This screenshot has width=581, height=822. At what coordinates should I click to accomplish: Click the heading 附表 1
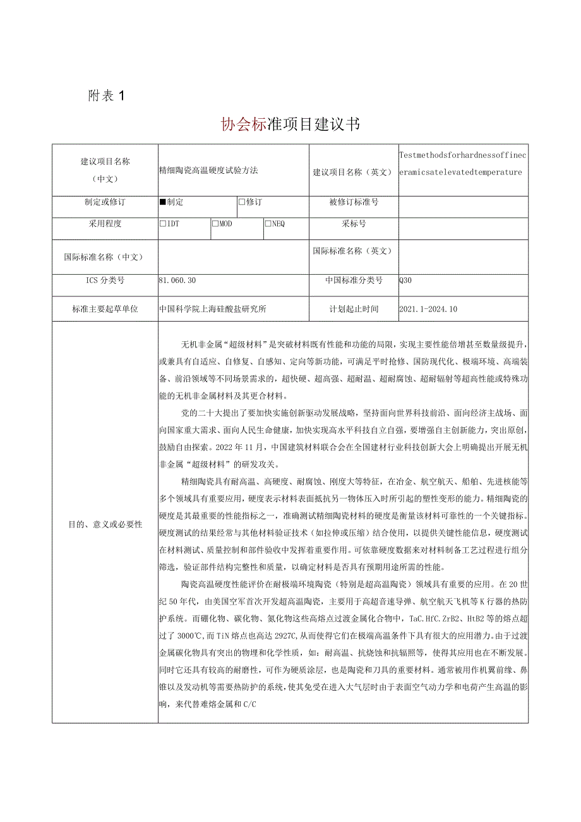[107, 96]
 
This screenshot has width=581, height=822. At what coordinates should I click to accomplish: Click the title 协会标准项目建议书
[290, 124]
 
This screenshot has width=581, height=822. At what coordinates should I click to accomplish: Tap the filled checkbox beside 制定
[163, 202]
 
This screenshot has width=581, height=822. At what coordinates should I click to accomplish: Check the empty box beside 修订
[242, 202]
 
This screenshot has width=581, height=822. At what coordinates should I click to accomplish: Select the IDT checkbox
[163, 224]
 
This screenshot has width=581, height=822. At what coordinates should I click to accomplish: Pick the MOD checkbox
[215, 224]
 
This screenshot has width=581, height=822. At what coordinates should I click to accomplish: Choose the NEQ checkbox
[268, 224]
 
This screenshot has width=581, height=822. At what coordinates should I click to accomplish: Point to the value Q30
[405, 281]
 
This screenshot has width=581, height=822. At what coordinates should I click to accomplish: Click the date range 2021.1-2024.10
[428, 309]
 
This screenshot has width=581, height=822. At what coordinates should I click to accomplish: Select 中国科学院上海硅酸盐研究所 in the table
[213, 309]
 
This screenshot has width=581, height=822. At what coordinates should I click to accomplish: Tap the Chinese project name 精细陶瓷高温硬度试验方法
[209, 170]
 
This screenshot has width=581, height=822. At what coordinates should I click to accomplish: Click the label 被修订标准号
[354, 202]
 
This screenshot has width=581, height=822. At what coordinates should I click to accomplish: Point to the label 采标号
[354, 224]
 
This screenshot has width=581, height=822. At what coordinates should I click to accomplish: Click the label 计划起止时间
[354, 309]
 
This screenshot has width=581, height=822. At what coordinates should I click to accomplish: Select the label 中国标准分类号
[354, 281]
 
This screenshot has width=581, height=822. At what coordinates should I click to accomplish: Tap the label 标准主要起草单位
[105, 309]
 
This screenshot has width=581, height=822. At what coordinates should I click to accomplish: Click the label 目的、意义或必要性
[105, 524]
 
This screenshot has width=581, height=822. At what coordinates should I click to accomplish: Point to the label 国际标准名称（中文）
[105, 257]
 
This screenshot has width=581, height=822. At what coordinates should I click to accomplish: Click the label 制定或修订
[105, 202]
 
